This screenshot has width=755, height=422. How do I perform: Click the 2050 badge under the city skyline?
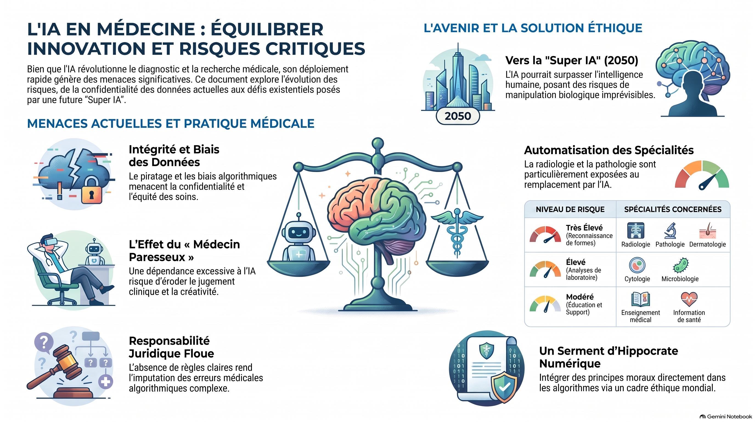tap(458, 116)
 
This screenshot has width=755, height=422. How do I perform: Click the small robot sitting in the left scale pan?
tap(299, 238)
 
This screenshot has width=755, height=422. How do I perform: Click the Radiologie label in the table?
tap(635, 245)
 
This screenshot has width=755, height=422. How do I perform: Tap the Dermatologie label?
tap(708, 245)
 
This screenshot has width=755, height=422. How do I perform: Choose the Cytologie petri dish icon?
tap(637, 265)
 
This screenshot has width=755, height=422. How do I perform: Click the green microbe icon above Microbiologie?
tap(681, 265)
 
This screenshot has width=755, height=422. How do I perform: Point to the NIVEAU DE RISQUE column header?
tap(570, 209)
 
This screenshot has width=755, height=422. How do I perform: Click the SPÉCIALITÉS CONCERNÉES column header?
tap(673, 209)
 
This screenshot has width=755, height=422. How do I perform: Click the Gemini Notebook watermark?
tap(726, 417)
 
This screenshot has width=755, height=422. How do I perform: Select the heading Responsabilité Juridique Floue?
tap(171, 347)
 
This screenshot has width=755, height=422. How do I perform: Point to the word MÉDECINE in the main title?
tap(146, 29)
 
